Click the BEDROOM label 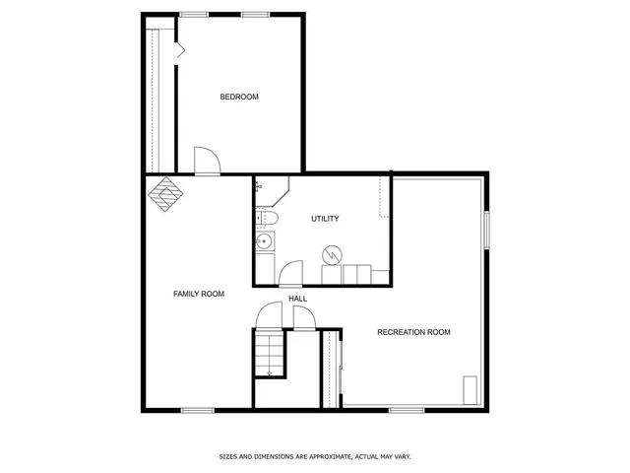point(239,97)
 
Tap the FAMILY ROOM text point(199,294)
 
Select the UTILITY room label point(326,218)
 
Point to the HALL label point(297,299)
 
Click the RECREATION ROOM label point(413,332)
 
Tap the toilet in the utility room point(269,218)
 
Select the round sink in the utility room point(264,240)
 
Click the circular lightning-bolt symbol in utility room point(333,254)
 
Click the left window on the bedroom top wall point(194,14)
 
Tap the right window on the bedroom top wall point(256,14)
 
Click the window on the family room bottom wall point(198,410)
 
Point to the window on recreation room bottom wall point(405,410)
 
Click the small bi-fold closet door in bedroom point(179,51)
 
